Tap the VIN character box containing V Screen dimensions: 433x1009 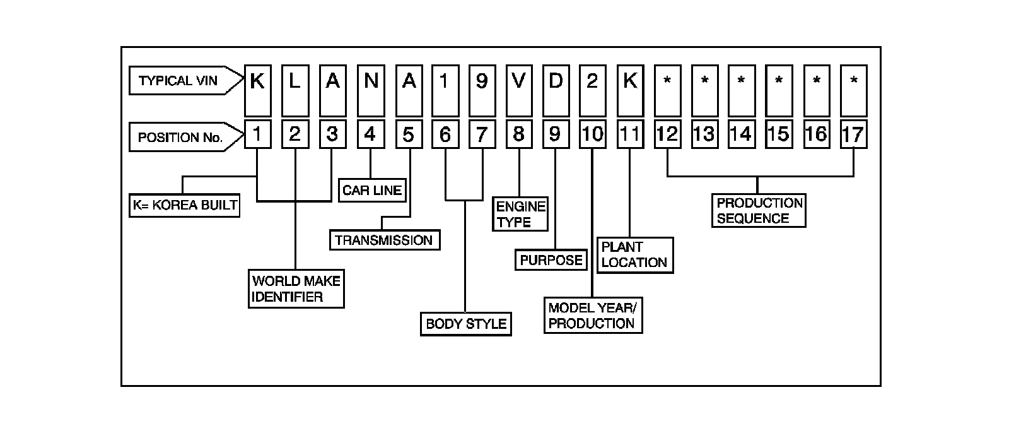pyautogui.click(x=518, y=90)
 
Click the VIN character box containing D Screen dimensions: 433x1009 pyautogui.click(x=556, y=90)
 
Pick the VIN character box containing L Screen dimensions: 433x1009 pyautogui.click(x=295, y=90)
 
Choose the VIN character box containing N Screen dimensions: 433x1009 pyautogui.click(x=371, y=90)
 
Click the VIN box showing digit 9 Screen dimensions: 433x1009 pyautogui.click(x=482, y=90)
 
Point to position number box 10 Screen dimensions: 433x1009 pyautogui.click(x=593, y=134)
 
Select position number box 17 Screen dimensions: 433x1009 pyautogui.click(x=854, y=134)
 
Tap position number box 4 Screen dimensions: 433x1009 pyautogui.click(x=371, y=134)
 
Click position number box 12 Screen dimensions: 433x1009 pyautogui.click(x=667, y=134)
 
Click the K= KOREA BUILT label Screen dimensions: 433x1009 pyautogui.click(x=185, y=205)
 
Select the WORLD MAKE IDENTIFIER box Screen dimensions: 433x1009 pyautogui.click(x=296, y=289)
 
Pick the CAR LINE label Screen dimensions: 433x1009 pyautogui.click(x=372, y=190)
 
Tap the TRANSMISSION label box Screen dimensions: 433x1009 pyautogui.click(x=384, y=240)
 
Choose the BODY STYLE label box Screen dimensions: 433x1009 pyautogui.click(x=466, y=324)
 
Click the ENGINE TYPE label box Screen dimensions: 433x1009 pyautogui.click(x=521, y=214)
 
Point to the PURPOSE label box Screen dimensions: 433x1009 pyautogui.click(x=551, y=260)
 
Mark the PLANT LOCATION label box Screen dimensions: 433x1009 pyautogui.click(x=635, y=255)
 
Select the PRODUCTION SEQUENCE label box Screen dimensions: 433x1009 pyautogui.click(x=759, y=211)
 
